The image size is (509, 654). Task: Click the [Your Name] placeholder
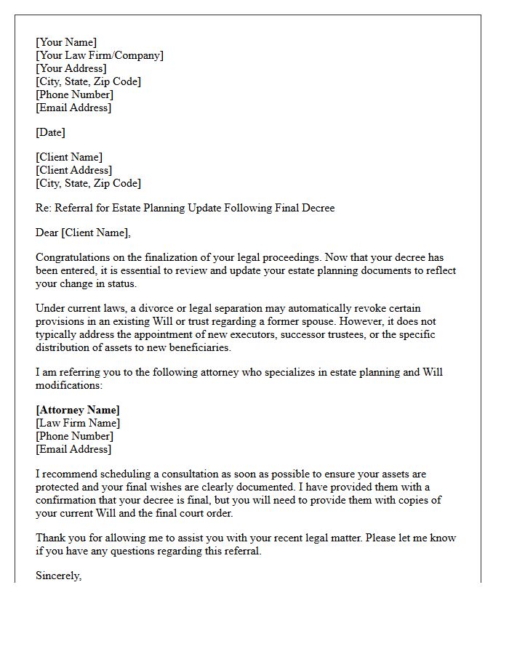click(66, 42)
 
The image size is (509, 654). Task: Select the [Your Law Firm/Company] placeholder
click(100, 55)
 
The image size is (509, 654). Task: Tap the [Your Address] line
click(71, 68)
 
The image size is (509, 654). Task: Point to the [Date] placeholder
click(50, 132)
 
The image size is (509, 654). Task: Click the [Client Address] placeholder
click(74, 170)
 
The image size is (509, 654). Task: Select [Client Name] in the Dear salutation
click(97, 233)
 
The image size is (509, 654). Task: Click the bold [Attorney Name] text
click(78, 410)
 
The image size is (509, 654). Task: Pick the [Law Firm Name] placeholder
click(78, 423)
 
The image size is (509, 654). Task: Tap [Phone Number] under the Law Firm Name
click(74, 436)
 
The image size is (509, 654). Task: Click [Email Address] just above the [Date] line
click(73, 108)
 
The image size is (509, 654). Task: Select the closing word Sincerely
click(58, 576)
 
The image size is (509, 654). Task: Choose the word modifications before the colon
click(68, 385)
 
